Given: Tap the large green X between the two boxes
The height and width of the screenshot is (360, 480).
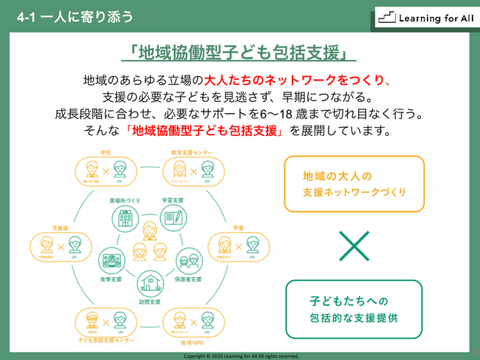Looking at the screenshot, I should [354, 245].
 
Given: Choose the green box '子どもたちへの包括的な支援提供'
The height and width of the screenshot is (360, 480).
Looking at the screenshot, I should [354, 311].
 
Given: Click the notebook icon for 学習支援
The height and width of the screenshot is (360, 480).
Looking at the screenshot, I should [173, 217].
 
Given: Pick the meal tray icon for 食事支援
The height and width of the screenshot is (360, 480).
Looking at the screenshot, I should [111, 259].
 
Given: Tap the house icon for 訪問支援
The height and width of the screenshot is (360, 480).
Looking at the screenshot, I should [148, 281].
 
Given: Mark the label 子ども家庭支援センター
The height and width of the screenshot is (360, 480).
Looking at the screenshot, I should [106, 342].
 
